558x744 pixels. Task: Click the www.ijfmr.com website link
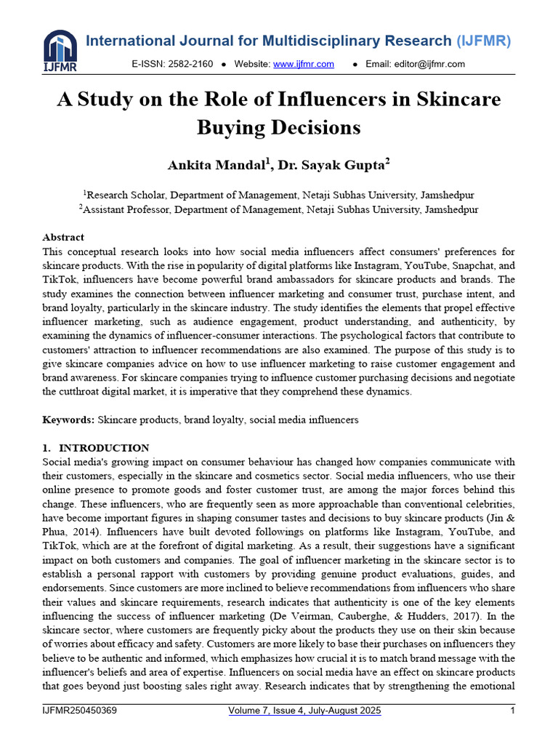(x=303, y=64)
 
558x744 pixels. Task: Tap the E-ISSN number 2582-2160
(x=190, y=64)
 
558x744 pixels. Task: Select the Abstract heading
(x=63, y=237)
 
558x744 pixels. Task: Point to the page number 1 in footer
(x=513, y=711)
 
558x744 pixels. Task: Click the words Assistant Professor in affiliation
(x=126, y=209)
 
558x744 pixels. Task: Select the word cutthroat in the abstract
(x=87, y=392)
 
